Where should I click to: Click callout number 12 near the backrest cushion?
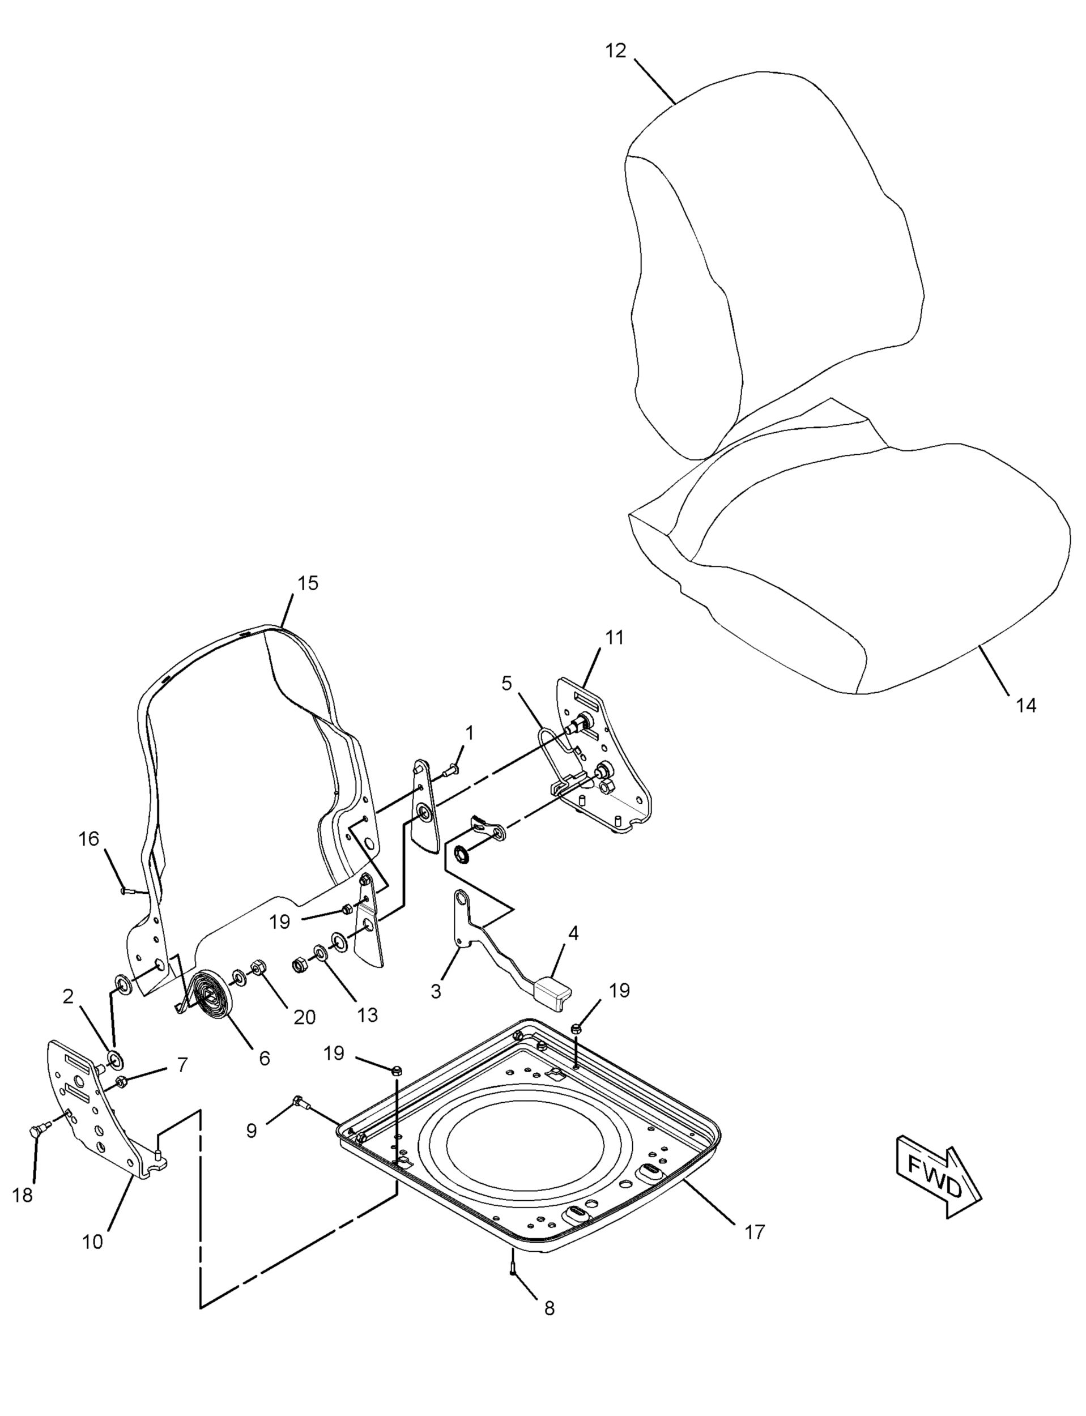616,51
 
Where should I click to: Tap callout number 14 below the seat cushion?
1026,705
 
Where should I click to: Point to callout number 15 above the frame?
308,583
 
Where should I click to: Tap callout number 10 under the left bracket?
92,1242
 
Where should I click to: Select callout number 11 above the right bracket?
614,637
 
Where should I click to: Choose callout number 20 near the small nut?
304,1017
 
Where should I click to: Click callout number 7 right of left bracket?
182,1064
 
